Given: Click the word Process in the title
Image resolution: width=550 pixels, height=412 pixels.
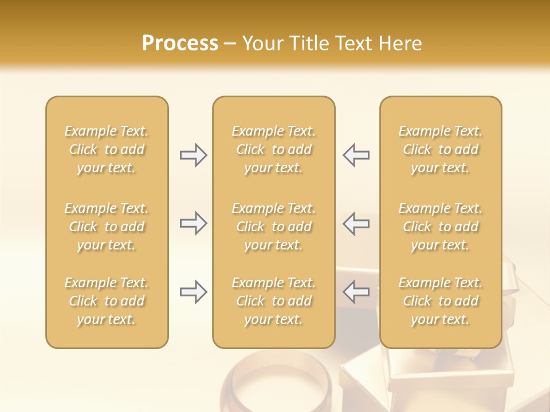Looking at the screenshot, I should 180,43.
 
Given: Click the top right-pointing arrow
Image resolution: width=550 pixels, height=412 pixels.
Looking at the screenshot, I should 193,155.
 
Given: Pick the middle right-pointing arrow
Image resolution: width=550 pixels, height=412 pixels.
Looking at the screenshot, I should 193,223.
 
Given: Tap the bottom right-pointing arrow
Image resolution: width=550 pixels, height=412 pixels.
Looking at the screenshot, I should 193,292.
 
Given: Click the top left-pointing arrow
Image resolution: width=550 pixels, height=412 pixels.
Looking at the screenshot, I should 356,155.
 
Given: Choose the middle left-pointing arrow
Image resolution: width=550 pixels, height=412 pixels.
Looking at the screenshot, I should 356,223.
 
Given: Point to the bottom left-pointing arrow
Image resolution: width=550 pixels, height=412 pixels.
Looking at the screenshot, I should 356,292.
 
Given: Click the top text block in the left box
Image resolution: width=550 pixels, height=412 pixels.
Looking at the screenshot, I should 107,149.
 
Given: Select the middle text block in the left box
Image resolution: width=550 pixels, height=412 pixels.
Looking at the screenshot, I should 107,227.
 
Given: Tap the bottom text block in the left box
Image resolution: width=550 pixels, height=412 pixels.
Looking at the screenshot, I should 107,301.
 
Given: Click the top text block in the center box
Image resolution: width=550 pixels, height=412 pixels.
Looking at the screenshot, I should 273,149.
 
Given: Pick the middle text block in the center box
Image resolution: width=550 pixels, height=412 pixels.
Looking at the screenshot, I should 273,227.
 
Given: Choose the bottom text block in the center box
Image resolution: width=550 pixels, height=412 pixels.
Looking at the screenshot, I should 273,301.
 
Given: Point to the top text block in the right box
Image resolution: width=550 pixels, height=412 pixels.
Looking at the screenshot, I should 441,149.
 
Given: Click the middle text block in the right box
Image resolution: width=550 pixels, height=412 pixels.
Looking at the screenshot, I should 441,227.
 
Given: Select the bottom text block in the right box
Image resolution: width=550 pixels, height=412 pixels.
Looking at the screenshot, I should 441,301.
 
